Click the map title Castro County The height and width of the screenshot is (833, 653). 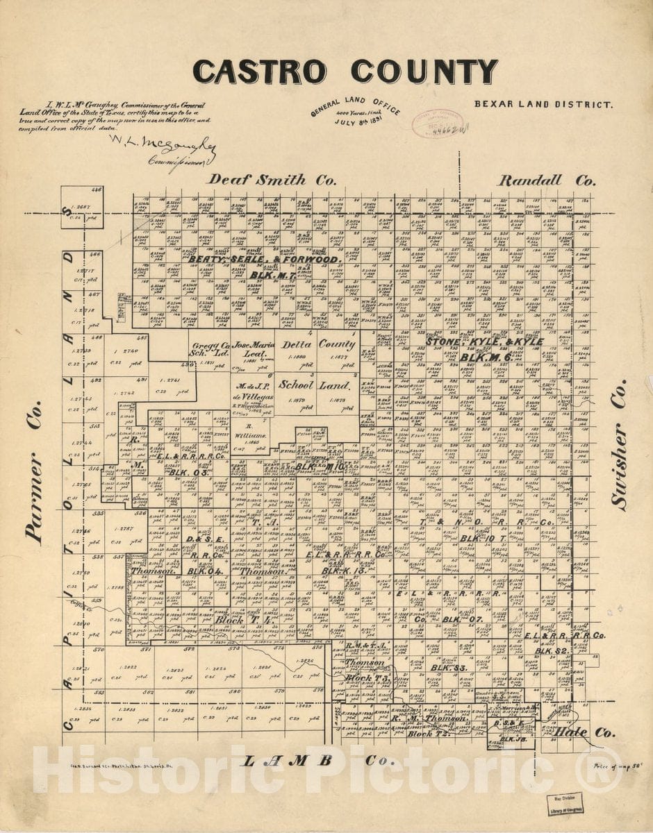pyautogui.click(x=345, y=71)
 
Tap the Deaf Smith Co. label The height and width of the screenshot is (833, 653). pyautogui.click(x=273, y=179)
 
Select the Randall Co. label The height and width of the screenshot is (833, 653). pyautogui.click(x=546, y=180)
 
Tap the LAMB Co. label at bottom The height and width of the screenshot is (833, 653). pyautogui.click(x=317, y=760)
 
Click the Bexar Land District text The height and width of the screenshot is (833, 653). pyautogui.click(x=544, y=105)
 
